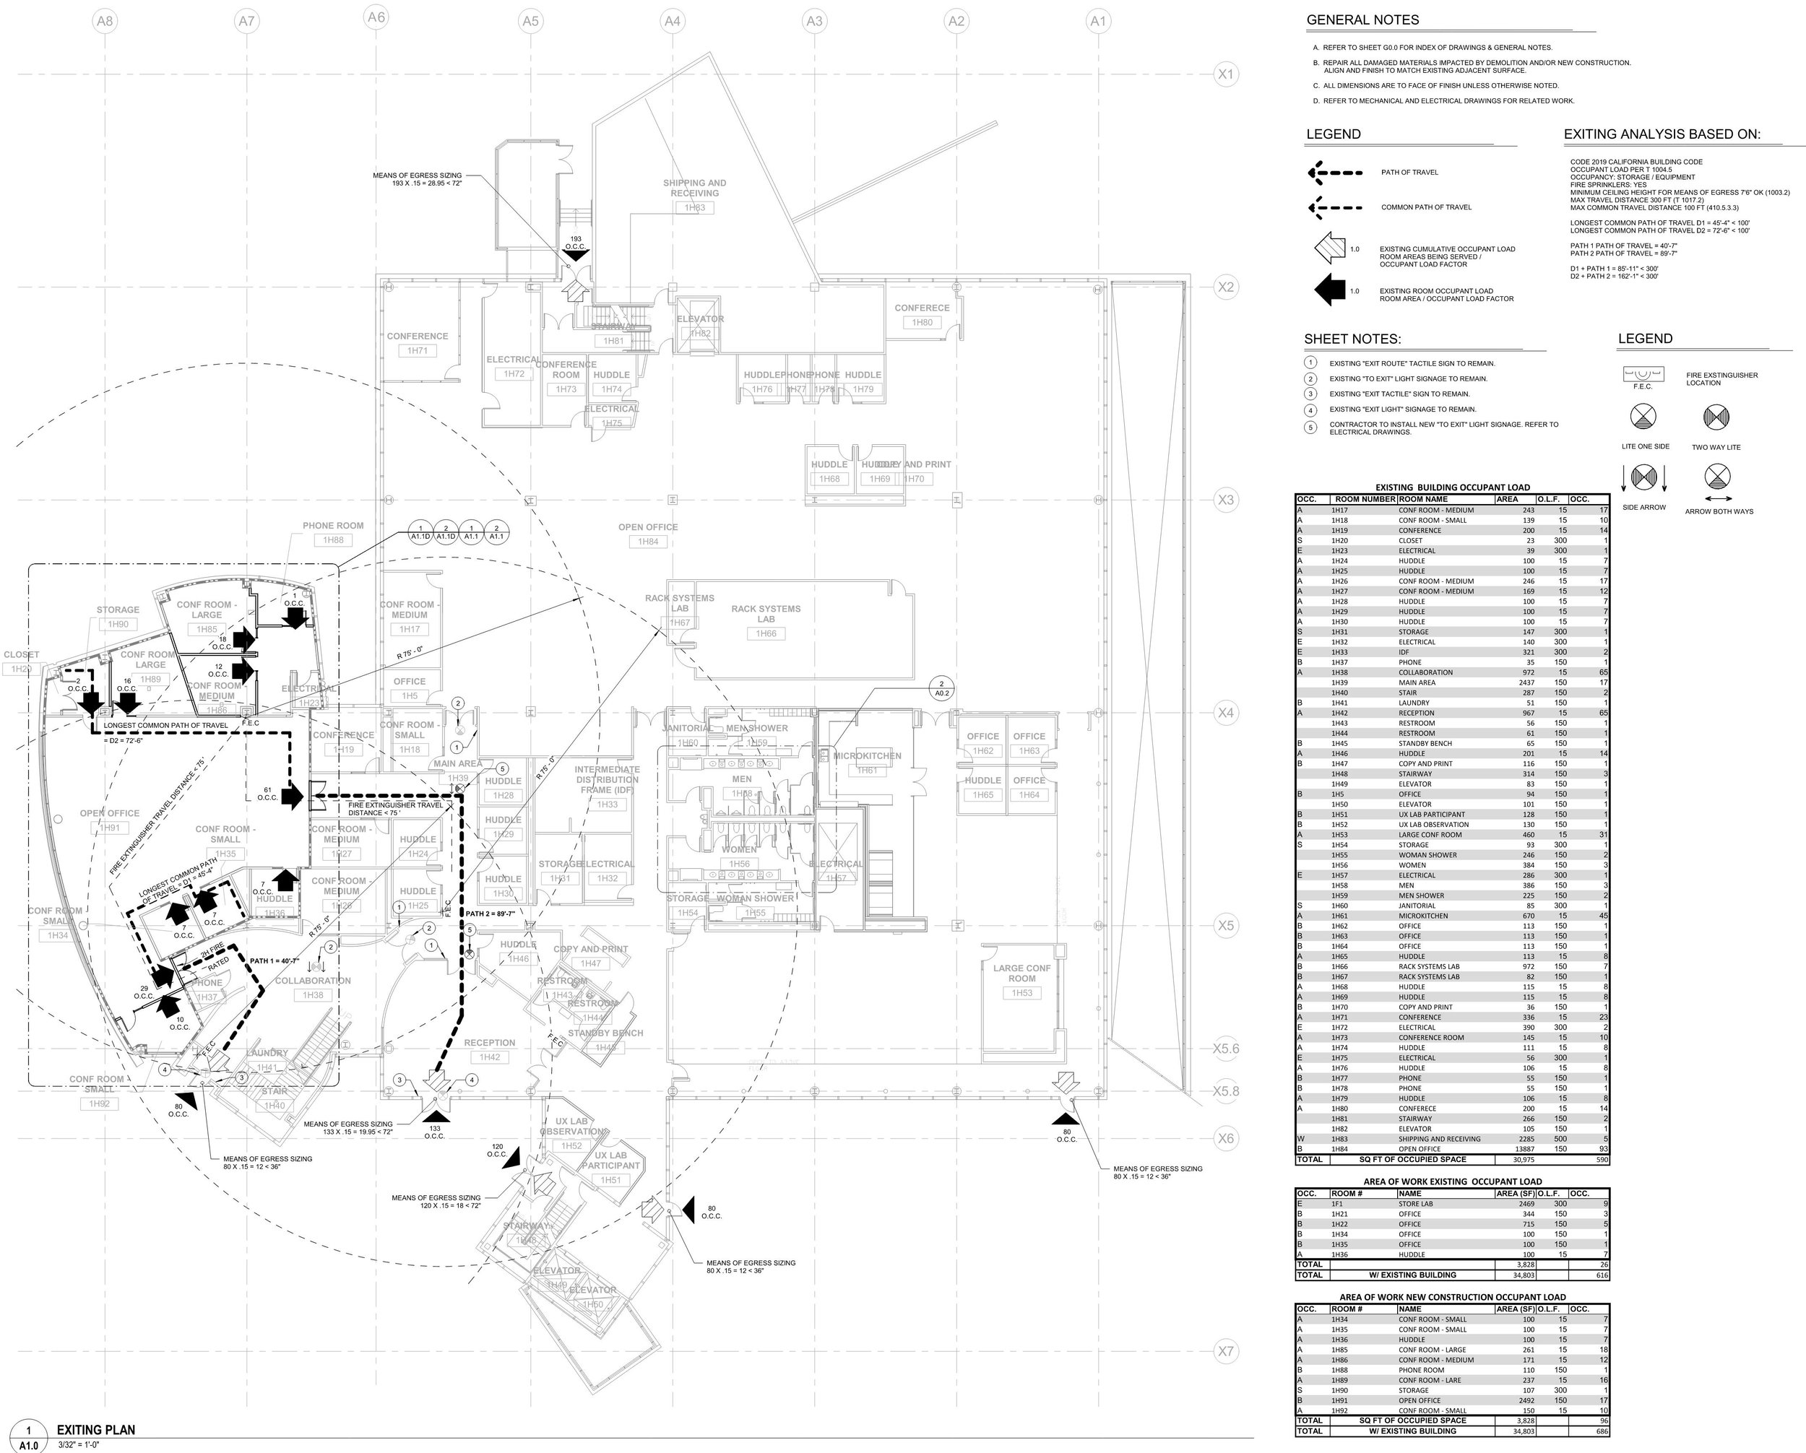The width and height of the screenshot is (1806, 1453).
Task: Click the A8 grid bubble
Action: (104, 20)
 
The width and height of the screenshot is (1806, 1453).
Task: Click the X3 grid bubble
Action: (1225, 500)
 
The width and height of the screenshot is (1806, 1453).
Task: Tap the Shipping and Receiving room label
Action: (694, 188)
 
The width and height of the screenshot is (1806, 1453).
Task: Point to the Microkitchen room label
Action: (867, 755)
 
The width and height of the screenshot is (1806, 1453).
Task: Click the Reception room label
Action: (489, 1043)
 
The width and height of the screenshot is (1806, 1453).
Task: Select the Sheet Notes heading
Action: (1352, 339)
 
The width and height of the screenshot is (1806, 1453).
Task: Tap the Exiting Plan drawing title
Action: (95, 1430)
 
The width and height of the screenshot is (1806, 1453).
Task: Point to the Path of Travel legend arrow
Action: (1335, 173)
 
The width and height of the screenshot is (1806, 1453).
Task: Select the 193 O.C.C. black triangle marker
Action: (576, 255)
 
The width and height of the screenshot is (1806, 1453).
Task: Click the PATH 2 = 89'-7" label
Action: (490, 914)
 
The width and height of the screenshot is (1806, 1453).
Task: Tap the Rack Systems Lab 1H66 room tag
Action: (766, 633)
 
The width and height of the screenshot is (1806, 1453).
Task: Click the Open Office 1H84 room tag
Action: (647, 542)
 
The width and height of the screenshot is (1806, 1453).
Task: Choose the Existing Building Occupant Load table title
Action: (1452, 487)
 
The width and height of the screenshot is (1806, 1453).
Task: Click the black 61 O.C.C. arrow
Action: (292, 796)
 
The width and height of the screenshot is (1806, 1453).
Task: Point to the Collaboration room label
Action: (313, 981)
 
